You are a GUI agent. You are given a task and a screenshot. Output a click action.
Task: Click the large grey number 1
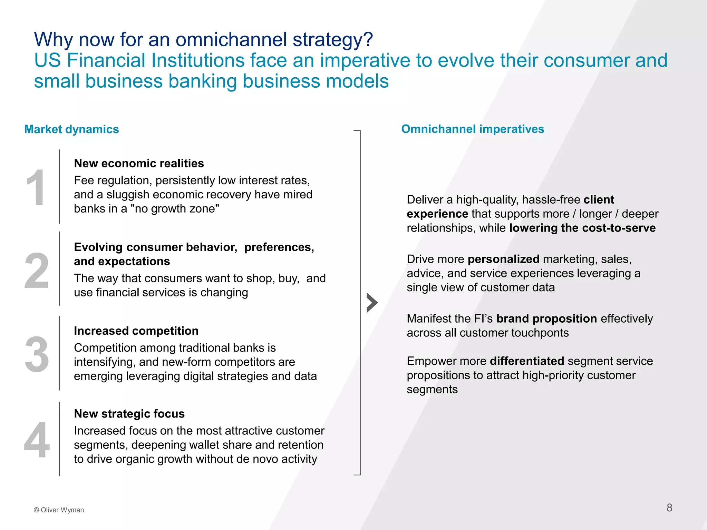36,188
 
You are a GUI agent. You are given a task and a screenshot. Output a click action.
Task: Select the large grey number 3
37,354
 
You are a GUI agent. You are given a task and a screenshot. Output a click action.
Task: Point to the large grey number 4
37,440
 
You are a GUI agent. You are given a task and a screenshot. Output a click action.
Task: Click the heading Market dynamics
71,129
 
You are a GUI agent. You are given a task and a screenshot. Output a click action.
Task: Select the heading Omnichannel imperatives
472,129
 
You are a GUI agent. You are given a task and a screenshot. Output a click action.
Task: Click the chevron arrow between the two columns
372,303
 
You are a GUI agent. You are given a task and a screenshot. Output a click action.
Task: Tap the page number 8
669,508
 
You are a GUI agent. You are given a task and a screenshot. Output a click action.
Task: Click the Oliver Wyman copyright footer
59,510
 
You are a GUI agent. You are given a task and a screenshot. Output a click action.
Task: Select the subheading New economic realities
139,163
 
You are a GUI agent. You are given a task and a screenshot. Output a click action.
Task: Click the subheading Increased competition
136,331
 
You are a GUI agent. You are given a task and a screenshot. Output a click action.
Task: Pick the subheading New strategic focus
129,413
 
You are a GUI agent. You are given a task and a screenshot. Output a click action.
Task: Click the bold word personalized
503,259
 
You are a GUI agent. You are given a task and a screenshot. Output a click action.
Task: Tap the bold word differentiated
526,361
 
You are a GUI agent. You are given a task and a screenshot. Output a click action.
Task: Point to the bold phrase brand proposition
546,318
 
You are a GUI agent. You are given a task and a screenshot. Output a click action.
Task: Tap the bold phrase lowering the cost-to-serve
582,228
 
